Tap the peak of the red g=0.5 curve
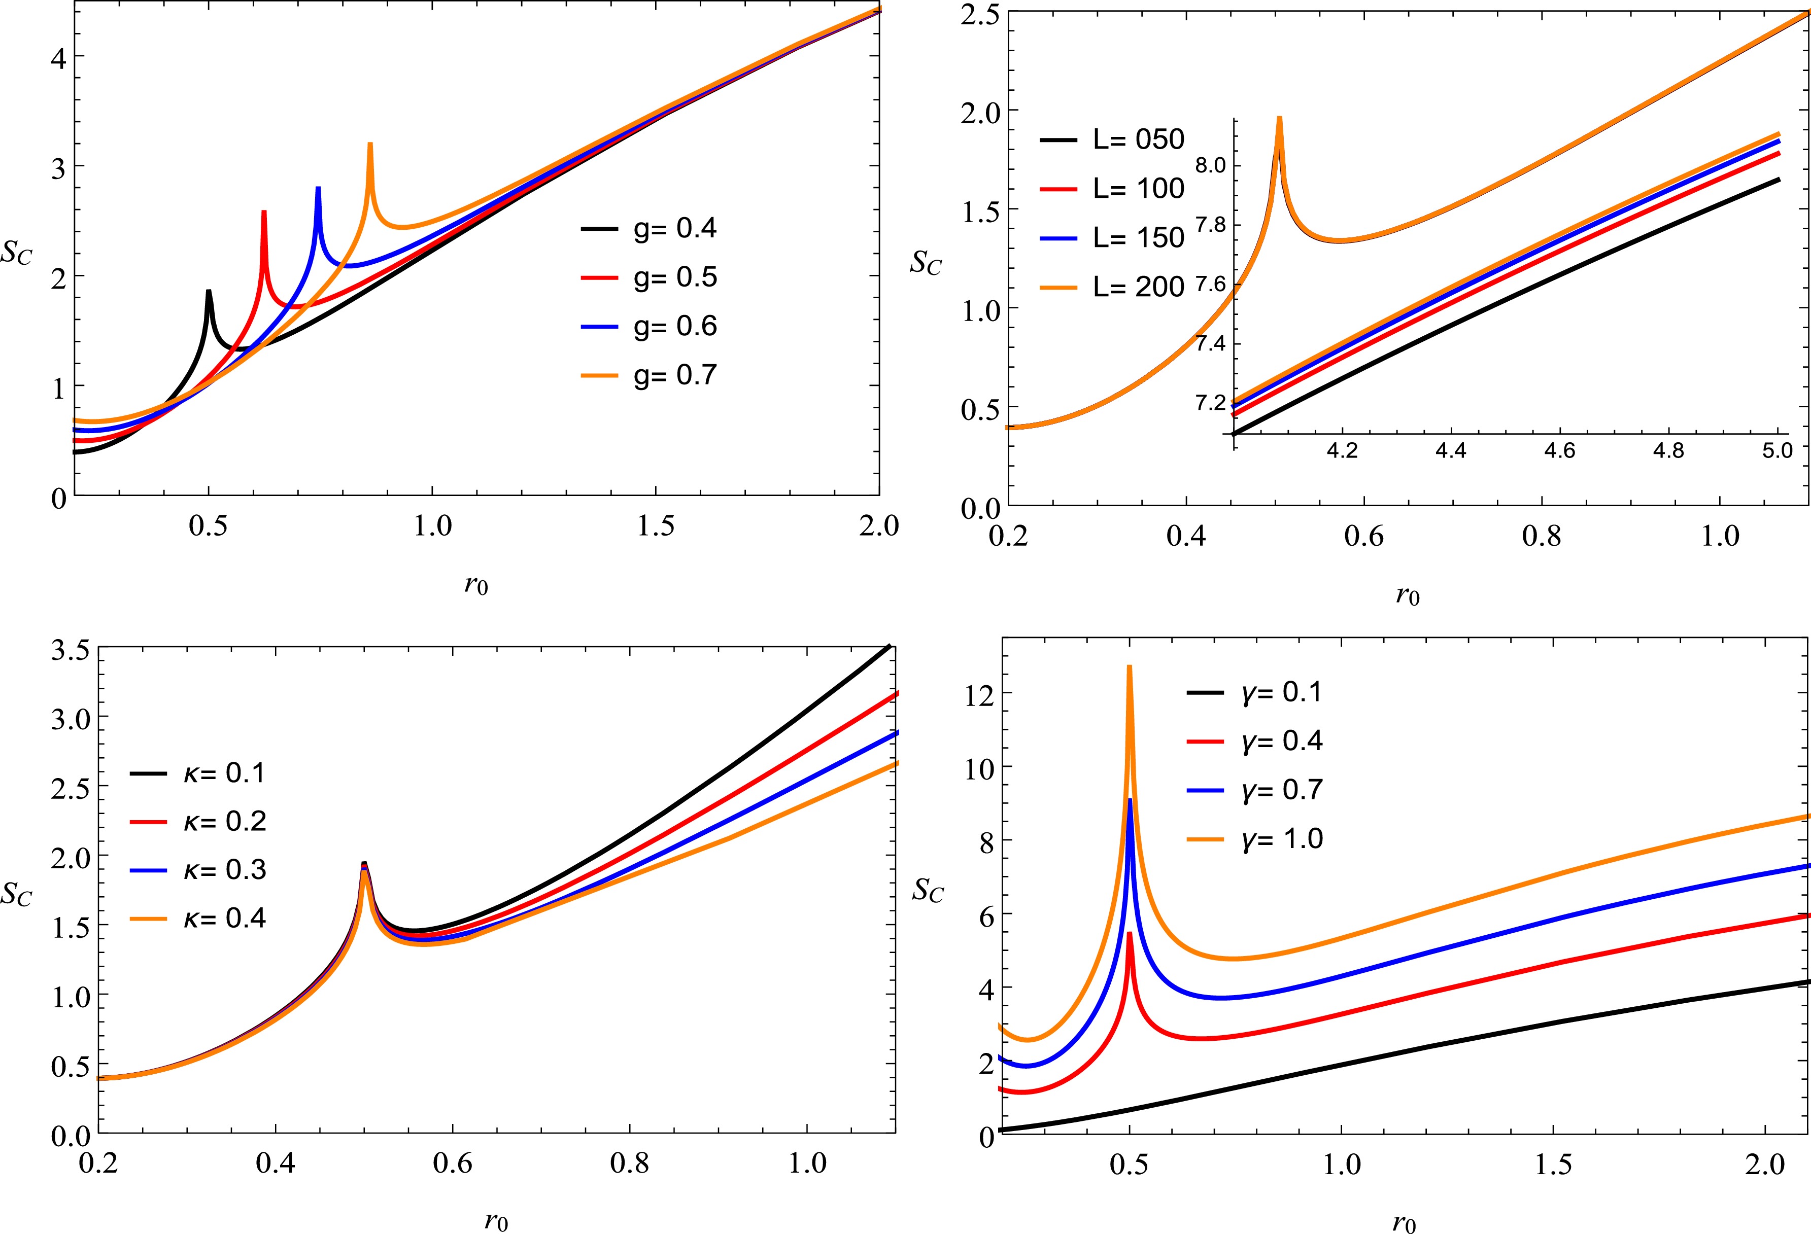coord(264,212)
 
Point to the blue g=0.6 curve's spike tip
coord(318,189)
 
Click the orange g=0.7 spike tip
coord(370,144)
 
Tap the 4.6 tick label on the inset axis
coord(1559,451)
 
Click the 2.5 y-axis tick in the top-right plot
coord(980,15)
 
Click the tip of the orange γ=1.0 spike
coord(1129,667)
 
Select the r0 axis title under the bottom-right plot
coord(1404,1223)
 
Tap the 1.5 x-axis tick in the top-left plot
coord(656,526)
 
